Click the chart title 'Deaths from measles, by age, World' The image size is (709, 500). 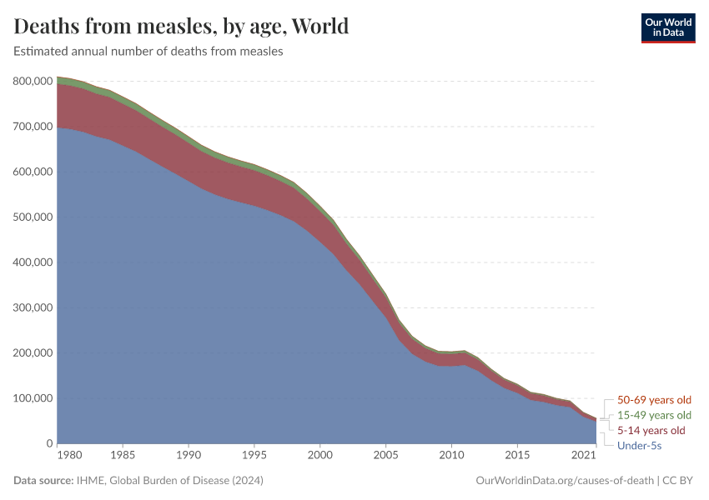pyautogui.click(x=181, y=26)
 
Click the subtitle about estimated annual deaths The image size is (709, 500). pyautogui.click(x=148, y=51)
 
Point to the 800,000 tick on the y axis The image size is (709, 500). pyautogui.click(x=34, y=82)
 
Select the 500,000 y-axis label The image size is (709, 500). pyautogui.click(x=34, y=217)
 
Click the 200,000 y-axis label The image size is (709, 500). pyautogui.click(x=34, y=353)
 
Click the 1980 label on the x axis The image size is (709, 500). pyautogui.click(x=70, y=456)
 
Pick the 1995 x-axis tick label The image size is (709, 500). pyautogui.click(x=254, y=456)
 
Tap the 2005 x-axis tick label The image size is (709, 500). pyautogui.click(x=386, y=456)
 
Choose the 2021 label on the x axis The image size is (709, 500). pyautogui.click(x=583, y=456)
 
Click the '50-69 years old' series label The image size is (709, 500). pyautogui.click(x=654, y=400)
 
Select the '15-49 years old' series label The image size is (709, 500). pyautogui.click(x=654, y=415)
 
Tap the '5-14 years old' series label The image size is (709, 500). pyautogui.click(x=651, y=431)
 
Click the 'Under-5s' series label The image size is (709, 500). pyautogui.click(x=640, y=446)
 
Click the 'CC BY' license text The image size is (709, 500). pyautogui.click(x=680, y=481)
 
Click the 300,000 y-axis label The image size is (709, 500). pyautogui.click(x=34, y=307)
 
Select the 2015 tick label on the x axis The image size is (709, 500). pyautogui.click(x=517, y=456)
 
